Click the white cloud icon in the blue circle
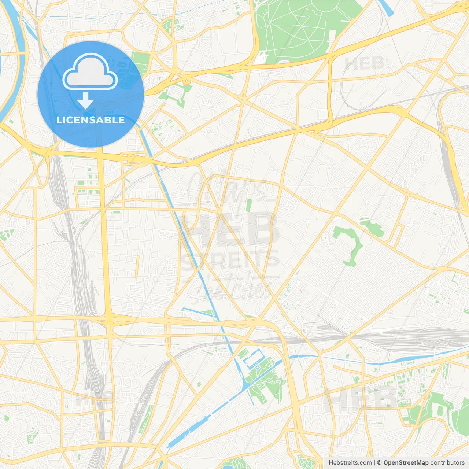[x=90, y=72]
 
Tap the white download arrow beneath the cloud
[x=86, y=101]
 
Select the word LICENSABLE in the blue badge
[x=91, y=120]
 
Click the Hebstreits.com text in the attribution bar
[x=350, y=463]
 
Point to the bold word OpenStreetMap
[x=406, y=463]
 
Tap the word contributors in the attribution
[x=447, y=463]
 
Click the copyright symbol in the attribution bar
[x=379, y=463]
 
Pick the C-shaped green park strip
[x=350, y=244]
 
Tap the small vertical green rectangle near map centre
[x=249, y=205]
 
